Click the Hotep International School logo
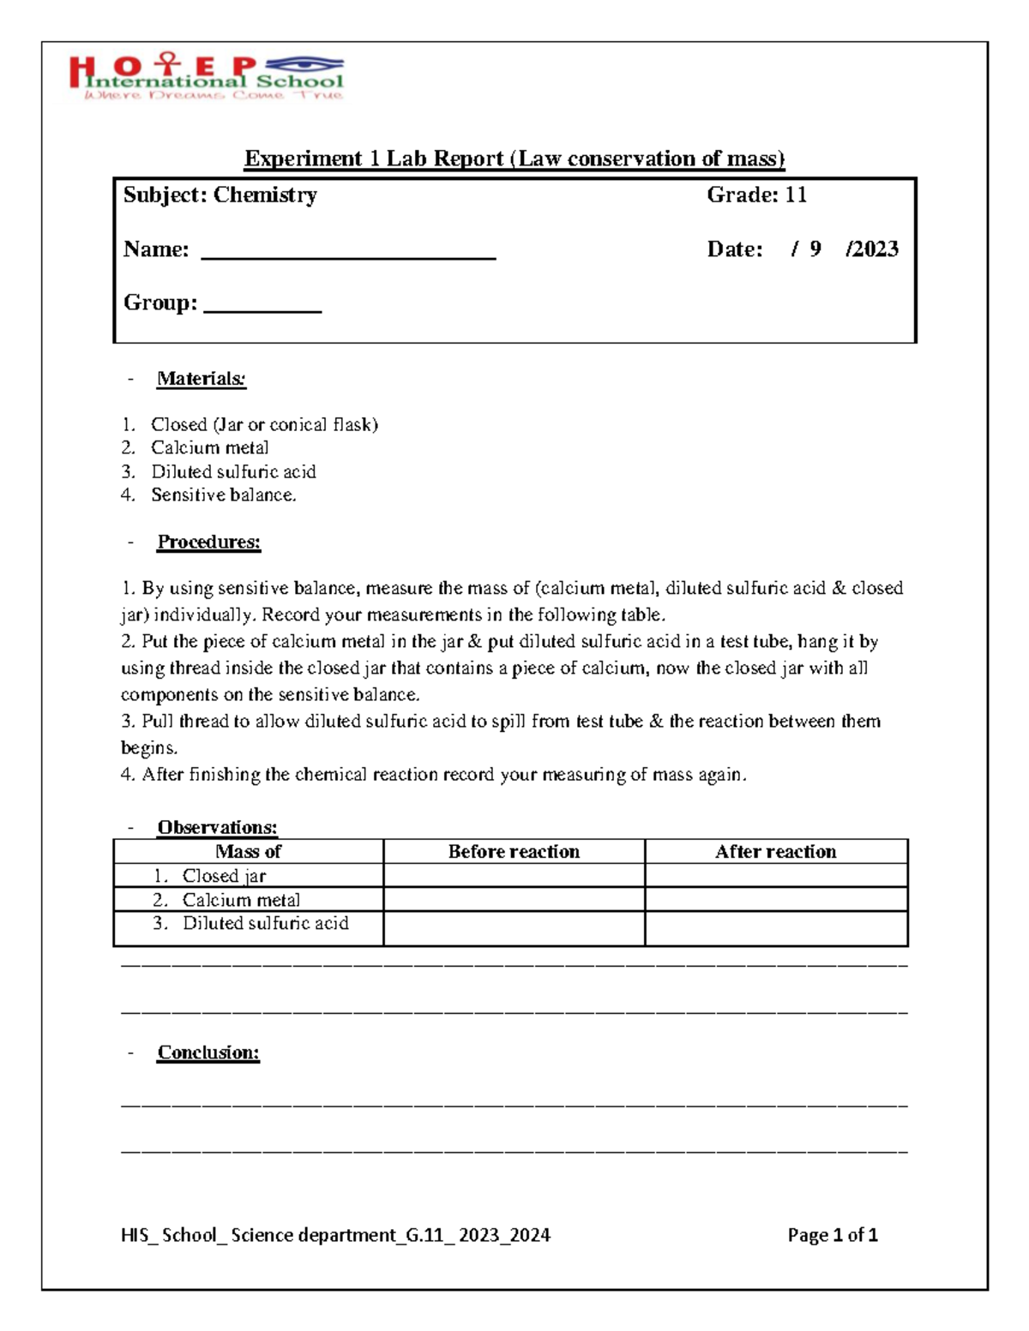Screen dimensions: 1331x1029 [206, 77]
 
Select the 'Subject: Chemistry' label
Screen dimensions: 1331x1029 [220, 195]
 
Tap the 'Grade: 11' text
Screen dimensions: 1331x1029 [756, 195]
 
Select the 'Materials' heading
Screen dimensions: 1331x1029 [202, 379]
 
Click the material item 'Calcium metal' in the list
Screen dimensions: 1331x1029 [209, 447]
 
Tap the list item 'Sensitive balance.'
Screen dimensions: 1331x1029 [223, 495]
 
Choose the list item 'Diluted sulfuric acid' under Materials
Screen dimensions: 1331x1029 [233, 471]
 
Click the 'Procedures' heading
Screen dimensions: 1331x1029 [208, 542]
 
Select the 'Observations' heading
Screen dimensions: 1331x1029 [217, 827]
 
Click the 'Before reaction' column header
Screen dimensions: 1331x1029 [514, 851]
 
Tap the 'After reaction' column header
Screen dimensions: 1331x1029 [776, 851]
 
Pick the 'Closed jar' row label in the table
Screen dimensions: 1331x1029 [224, 876]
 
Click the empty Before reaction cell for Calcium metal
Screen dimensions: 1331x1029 [514, 899]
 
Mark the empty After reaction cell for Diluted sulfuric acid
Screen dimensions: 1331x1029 [776, 928]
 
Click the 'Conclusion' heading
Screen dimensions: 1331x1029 [208, 1052]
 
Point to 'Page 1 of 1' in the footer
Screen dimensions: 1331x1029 [833, 1235]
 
